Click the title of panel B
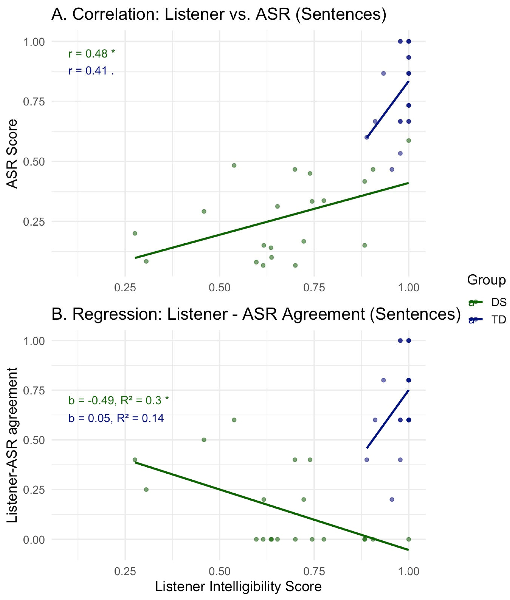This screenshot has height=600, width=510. coord(256,314)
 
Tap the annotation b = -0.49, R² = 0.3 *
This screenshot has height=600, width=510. coord(119,400)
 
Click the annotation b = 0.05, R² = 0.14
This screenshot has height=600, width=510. coord(116,418)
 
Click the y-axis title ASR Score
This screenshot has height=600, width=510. coord(12,154)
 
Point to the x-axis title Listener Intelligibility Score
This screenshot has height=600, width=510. coord(238,586)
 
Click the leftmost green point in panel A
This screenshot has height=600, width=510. coord(135,233)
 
